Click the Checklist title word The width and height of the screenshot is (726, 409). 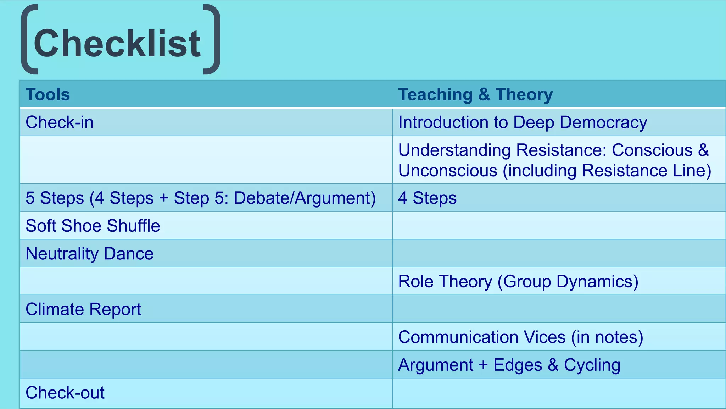[117, 43]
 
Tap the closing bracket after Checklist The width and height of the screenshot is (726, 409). [213, 39]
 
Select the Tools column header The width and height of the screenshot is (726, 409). [48, 94]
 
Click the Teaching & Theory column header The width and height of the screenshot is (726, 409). [475, 94]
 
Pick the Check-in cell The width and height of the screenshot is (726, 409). [60, 122]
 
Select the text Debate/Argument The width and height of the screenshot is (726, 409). [305, 198]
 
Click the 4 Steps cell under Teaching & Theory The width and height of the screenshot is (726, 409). [427, 198]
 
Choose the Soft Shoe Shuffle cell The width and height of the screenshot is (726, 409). [93, 226]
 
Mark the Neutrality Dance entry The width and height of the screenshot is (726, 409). [90, 254]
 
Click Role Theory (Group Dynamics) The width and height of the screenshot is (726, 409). [518, 281]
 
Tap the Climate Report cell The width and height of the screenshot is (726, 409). [83, 309]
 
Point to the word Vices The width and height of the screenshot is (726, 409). [545, 337]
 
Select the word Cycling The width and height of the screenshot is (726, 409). [592, 365]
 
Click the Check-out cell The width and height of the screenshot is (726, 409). [65, 393]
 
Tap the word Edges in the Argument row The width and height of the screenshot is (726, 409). [518, 365]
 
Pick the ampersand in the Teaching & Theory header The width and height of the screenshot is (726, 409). [484, 94]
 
